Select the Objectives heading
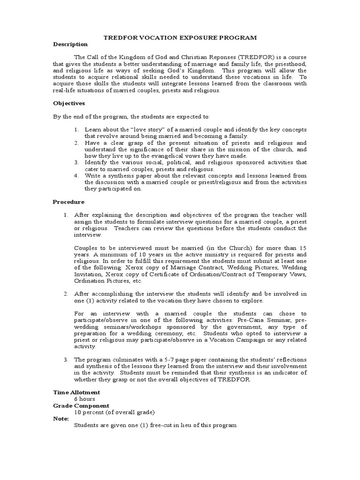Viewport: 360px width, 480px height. coord(68,103)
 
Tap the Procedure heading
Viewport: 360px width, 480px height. coord(68,202)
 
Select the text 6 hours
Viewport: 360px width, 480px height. coord(85,399)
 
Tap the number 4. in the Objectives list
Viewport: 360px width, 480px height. coord(77,176)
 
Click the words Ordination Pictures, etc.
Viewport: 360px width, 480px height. coord(107,281)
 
